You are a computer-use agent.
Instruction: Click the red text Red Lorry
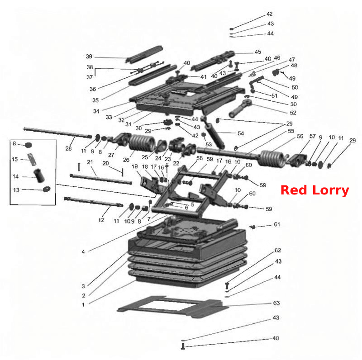click(x=314, y=190)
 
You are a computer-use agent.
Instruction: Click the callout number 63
click(x=276, y=303)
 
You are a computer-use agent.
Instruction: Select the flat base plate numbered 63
click(x=170, y=307)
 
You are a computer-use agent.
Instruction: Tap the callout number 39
click(x=89, y=57)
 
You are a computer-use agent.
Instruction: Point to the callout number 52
click(x=293, y=113)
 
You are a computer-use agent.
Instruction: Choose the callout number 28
click(x=69, y=148)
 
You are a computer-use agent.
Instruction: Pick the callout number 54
click(x=241, y=133)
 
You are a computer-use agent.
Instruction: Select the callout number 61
click(x=277, y=224)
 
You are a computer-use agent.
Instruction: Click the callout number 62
click(x=278, y=251)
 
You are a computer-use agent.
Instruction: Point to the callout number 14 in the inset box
click(x=16, y=176)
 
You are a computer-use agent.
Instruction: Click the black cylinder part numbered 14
click(x=39, y=175)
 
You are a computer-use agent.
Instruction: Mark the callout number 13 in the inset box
click(x=16, y=190)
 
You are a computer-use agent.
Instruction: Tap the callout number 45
click(x=258, y=52)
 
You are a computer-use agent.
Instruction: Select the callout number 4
click(x=83, y=252)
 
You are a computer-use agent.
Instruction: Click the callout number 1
click(x=83, y=305)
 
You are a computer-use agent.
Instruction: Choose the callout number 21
click(x=90, y=162)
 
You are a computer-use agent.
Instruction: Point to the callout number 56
click(x=300, y=137)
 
